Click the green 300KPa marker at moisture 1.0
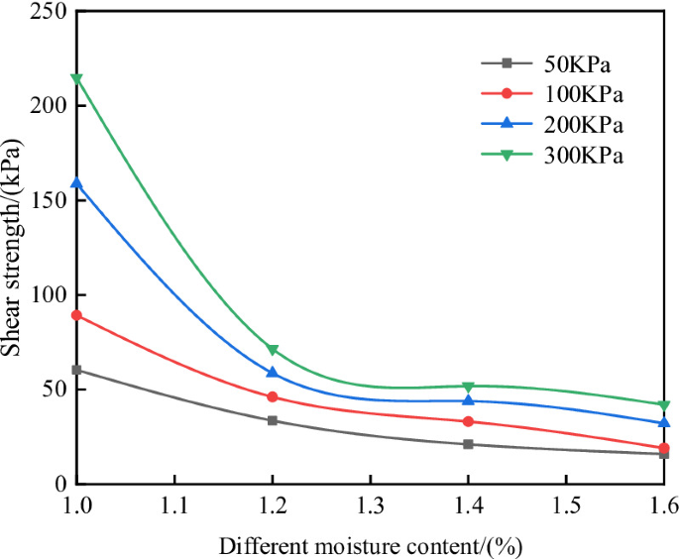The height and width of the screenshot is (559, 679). (77, 78)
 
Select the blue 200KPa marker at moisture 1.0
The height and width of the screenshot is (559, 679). (77, 183)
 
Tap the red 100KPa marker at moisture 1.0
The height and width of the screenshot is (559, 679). (77, 315)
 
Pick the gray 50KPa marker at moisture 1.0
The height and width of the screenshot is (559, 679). (77, 370)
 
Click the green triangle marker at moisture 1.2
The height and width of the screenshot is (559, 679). (273, 350)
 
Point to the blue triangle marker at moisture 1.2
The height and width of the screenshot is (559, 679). (273, 373)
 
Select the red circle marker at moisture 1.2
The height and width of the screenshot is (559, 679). (273, 396)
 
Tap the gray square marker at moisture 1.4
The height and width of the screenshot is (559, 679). (468, 444)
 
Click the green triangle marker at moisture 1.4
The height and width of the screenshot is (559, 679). (468, 387)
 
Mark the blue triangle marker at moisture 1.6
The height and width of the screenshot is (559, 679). (664, 422)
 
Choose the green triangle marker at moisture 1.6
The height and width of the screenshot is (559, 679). (664, 404)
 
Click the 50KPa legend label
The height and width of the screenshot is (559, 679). (577, 64)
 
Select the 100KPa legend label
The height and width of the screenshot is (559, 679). (583, 94)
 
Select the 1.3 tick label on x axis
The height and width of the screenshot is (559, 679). (370, 506)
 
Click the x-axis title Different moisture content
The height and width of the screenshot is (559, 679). (370, 545)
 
